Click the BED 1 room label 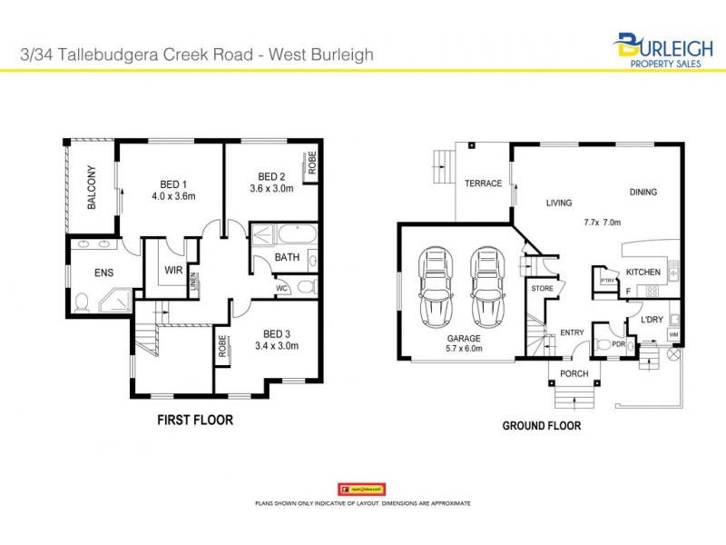173,183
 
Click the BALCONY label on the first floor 92,188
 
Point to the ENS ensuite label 103,272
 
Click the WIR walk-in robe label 174,270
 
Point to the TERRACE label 483,183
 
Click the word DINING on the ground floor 643,193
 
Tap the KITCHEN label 643,272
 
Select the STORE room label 542,289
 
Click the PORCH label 574,374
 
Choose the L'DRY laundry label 652,321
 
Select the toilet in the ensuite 81,300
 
